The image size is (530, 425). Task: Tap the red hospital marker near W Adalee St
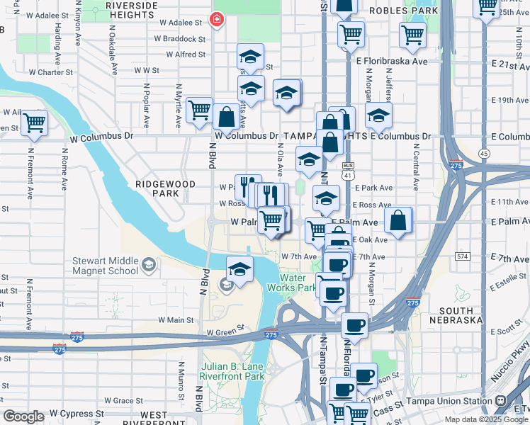click(x=215, y=20)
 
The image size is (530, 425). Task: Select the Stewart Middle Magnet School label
click(x=105, y=266)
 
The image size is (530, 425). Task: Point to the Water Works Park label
click(x=292, y=283)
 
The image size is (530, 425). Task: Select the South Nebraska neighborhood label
click(x=466, y=316)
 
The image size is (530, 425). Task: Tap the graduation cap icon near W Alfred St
click(x=250, y=56)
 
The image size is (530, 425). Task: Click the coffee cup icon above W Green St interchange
click(x=354, y=325)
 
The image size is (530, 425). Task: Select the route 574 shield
click(x=463, y=255)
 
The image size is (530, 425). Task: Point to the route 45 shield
click(x=484, y=153)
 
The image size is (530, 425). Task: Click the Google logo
click(x=24, y=416)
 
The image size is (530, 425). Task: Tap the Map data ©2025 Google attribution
click(x=486, y=419)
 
